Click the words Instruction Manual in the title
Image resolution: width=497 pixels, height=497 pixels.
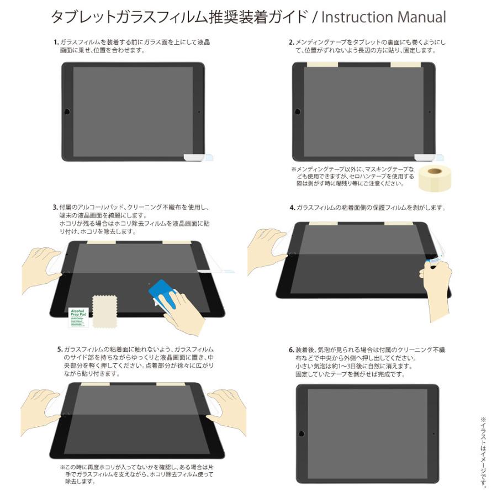383,17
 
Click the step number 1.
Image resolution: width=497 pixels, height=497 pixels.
56,42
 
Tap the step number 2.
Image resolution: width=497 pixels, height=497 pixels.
292,42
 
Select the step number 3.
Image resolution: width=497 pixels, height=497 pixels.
55,208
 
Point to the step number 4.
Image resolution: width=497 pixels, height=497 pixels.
292,208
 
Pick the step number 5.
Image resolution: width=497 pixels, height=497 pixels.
60,350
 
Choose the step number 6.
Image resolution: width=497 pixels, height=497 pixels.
291,350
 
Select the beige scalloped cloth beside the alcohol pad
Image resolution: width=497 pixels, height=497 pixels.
104,310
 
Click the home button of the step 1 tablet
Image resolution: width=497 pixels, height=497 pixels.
67,112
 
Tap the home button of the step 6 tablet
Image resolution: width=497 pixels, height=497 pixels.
302,433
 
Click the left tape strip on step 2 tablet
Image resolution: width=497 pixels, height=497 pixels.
322,65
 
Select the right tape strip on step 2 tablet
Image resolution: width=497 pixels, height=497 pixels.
406,65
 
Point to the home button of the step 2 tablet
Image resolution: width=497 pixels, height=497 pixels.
297,112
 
